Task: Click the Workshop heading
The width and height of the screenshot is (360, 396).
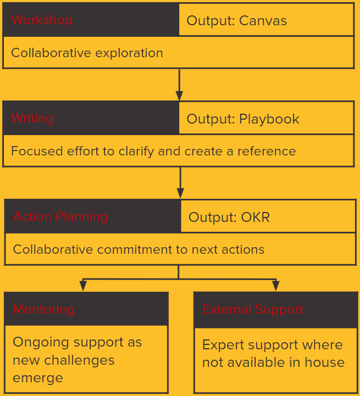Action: click(x=42, y=20)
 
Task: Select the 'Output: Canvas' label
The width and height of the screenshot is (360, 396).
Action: click(x=237, y=21)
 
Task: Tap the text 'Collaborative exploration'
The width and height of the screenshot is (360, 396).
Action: click(x=87, y=53)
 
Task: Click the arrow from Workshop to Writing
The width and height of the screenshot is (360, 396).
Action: click(x=179, y=85)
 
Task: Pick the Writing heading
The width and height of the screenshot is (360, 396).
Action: click(x=32, y=119)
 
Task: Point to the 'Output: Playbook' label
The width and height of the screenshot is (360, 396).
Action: click(x=243, y=119)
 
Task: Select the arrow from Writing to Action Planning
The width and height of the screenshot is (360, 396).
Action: click(x=180, y=182)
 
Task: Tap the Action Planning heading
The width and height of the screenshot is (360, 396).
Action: click(x=60, y=216)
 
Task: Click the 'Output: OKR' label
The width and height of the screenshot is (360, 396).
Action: click(x=229, y=217)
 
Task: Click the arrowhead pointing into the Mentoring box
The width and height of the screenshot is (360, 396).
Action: click(x=83, y=286)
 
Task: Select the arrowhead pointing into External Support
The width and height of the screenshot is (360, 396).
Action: click(x=275, y=286)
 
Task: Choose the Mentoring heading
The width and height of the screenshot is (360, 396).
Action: click(x=43, y=310)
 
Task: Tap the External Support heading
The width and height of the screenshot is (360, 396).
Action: click(x=253, y=310)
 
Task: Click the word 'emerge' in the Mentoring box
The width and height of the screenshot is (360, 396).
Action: click(x=38, y=378)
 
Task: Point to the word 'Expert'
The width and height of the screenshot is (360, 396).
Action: click(x=223, y=345)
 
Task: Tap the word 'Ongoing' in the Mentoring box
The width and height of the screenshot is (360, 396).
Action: click(x=38, y=343)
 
